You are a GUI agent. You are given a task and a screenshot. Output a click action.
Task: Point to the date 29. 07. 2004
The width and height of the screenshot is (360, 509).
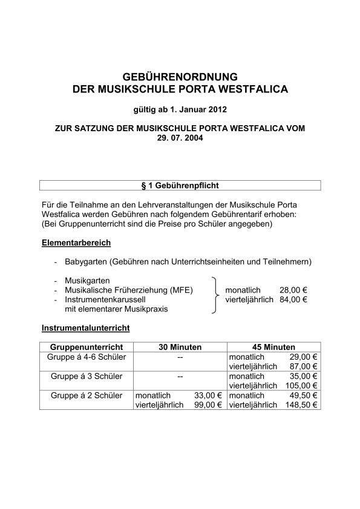tap(180, 138)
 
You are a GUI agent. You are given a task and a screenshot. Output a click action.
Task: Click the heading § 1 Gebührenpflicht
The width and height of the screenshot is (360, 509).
tap(180, 185)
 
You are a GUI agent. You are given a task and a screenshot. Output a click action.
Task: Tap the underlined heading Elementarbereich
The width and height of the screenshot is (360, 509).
tap(76, 243)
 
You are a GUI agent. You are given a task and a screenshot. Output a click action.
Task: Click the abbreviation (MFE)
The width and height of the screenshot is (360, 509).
tap(180, 290)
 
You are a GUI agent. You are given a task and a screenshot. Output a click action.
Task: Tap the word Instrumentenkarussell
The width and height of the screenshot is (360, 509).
tap(106, 299)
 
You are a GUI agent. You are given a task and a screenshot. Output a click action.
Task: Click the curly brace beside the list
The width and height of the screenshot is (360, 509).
tap(215, 295)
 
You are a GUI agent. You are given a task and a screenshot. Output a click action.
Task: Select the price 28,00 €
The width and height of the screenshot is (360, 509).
tap(293, 290)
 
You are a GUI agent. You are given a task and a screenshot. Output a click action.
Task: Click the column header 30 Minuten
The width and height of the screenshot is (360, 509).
tap(180, 348)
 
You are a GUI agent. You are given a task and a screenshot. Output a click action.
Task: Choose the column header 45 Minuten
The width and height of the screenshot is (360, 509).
tap(273, 348)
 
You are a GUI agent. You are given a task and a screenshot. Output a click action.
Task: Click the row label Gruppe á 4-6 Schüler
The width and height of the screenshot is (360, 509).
tap(85, 357)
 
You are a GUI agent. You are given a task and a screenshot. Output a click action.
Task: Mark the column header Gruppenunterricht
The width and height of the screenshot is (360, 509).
tap(87, 348)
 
